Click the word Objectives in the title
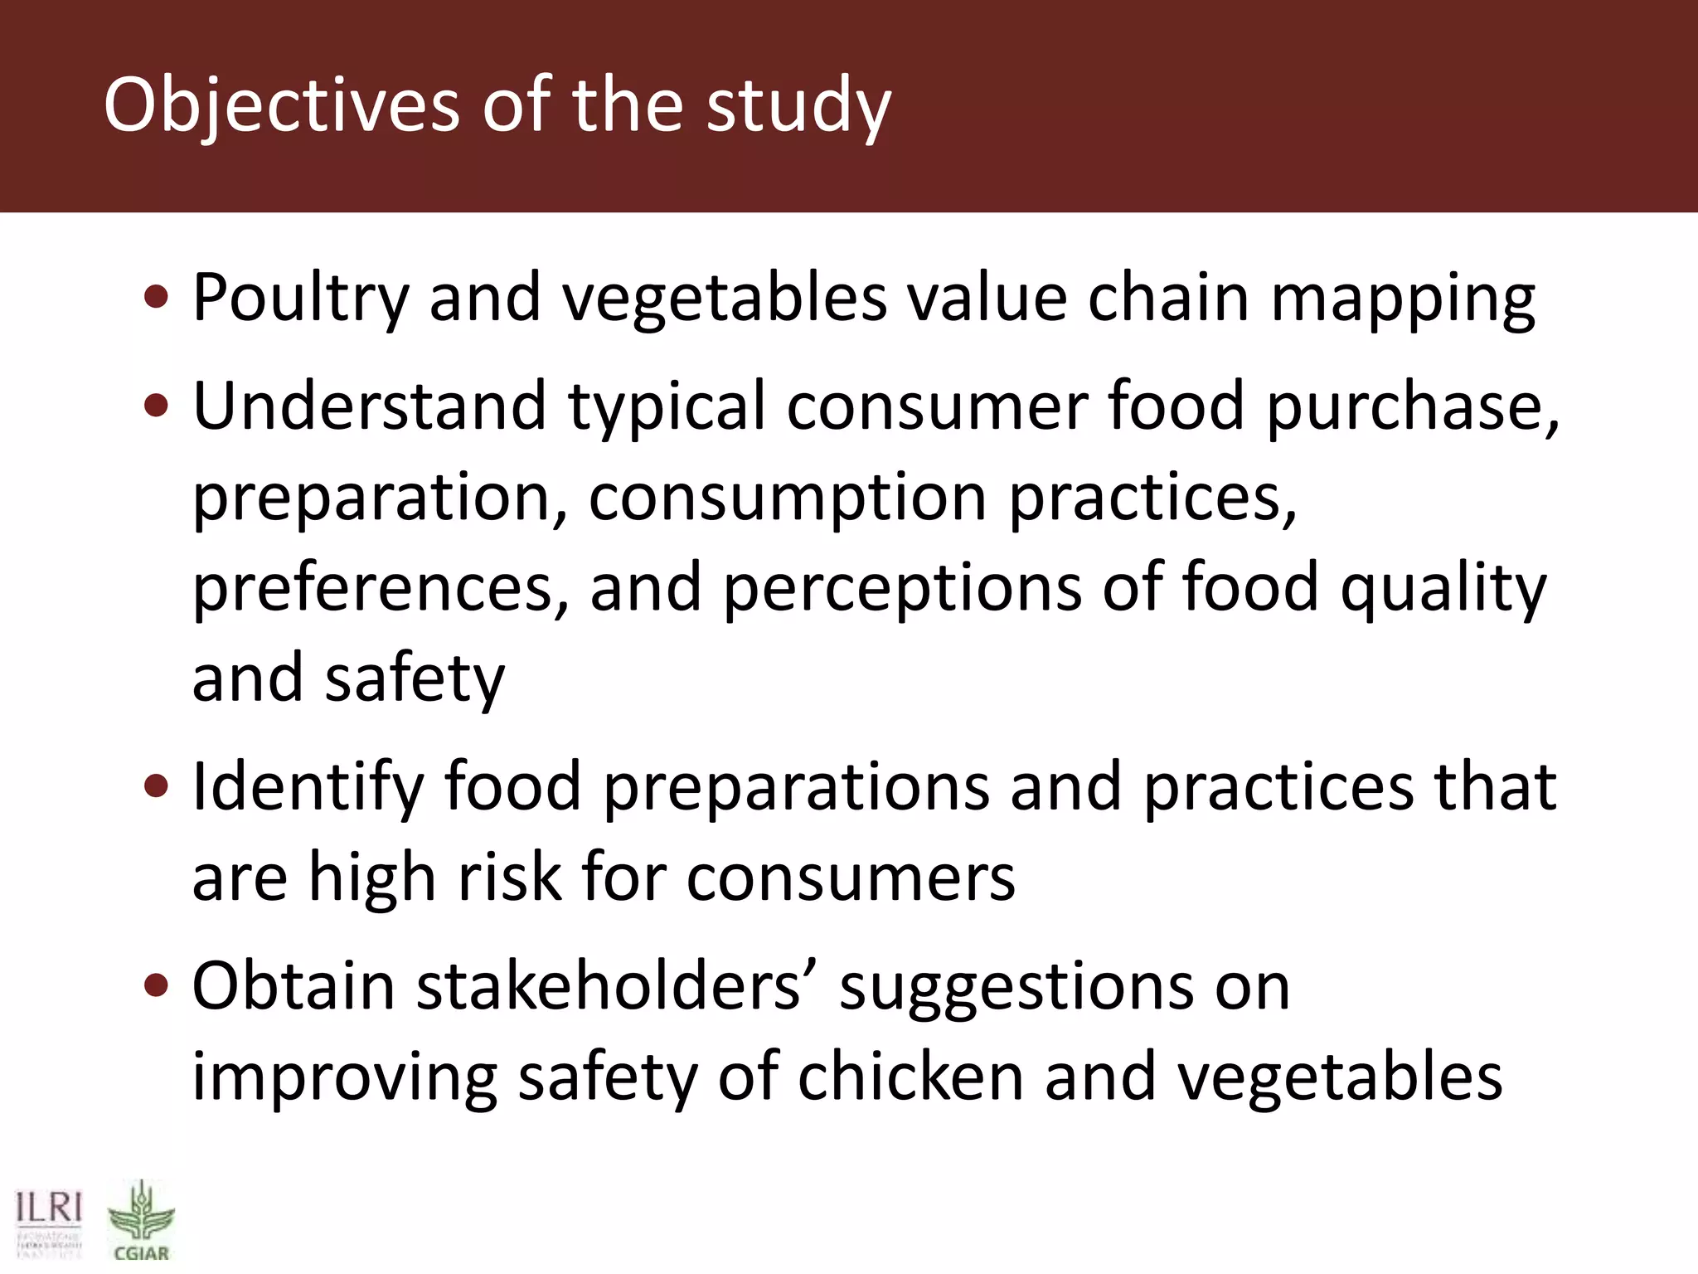pyautogui.click(x=281, y=105)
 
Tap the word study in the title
pyautogui.click(x=798, y=105)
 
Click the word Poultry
pyautogui.click(x=300, y=298)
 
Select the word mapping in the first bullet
pyautogui.click(x=1403, y=298)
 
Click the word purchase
pyautogui.click(x=1411, y=406)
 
